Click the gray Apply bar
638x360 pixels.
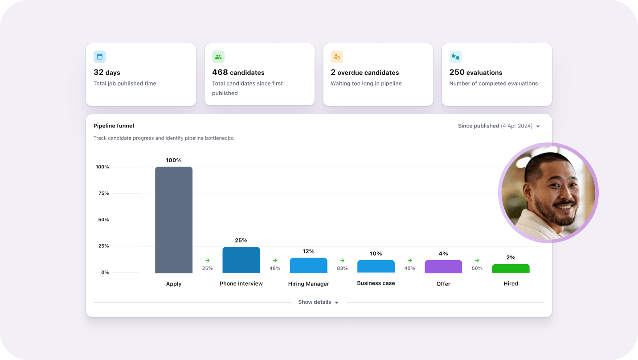tap(174, 220)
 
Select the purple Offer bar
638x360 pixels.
tap(443, 266)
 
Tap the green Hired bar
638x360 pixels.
tap(511, 268)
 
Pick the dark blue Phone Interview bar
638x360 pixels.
tap(241, 260)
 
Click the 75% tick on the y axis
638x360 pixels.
tap(103, 193)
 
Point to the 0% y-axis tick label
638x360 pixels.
tap(105, 272)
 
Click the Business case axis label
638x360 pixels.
tap(376, 283)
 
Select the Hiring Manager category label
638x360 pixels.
tap(308, 284)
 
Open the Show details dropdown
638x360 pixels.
tap(318, 302)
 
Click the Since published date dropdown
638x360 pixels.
tap(499, 126)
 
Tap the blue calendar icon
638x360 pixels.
tap(100, 57)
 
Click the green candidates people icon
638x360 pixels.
tap(218, 57)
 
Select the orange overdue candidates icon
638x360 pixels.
tap(337, 57)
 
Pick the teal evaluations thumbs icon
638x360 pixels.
tap(455, 57)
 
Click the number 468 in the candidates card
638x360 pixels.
tap(220, 72)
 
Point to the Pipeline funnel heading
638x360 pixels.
tap(114, 126)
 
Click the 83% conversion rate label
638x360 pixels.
tap(342, 268)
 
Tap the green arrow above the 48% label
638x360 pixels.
tap(275, 261)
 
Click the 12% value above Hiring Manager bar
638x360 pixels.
tap(308, 251)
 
